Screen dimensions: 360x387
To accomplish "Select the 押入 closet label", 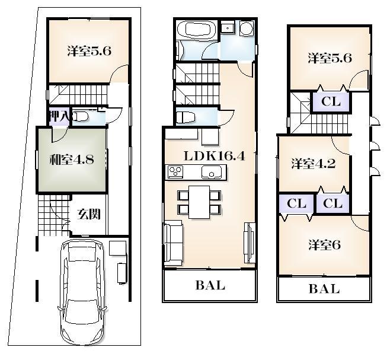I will (x=58, y=116).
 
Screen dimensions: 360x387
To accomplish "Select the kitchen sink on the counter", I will (x=211, y=173).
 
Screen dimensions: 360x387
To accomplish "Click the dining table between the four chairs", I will (x=199, y=200).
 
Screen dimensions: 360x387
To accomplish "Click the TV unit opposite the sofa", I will (x=249, y=242).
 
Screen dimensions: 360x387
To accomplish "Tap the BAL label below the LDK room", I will (x=210, y=286).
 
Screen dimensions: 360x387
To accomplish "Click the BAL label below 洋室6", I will (x=324, y=289).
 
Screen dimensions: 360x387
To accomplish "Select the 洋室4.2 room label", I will (x=314, y=164).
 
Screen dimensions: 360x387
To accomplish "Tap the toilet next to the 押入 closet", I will (x=81, y=117).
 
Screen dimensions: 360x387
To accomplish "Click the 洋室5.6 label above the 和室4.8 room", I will (x=89, y=52).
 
